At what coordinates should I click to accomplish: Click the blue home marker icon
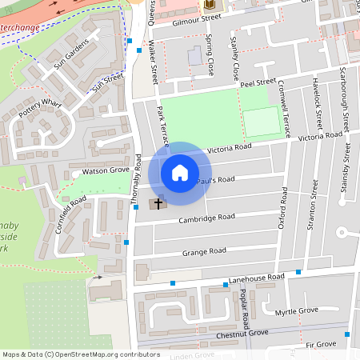tap(180, 172)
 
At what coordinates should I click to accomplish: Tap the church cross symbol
tap(158, 203)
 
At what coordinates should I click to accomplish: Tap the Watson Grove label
tap(101, 170)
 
